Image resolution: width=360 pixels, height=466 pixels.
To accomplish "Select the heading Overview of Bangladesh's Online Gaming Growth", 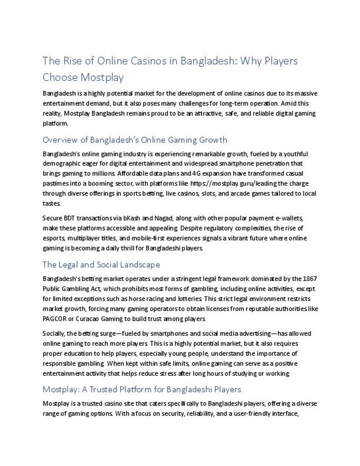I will click(135, 139).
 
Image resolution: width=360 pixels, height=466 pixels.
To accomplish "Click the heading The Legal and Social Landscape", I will click(101, 264).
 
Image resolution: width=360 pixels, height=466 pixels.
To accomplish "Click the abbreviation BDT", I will click(73, 218).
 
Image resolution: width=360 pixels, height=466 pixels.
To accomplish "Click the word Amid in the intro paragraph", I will click(284, 103).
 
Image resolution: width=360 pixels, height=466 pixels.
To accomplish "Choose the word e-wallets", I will click(289, 218).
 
